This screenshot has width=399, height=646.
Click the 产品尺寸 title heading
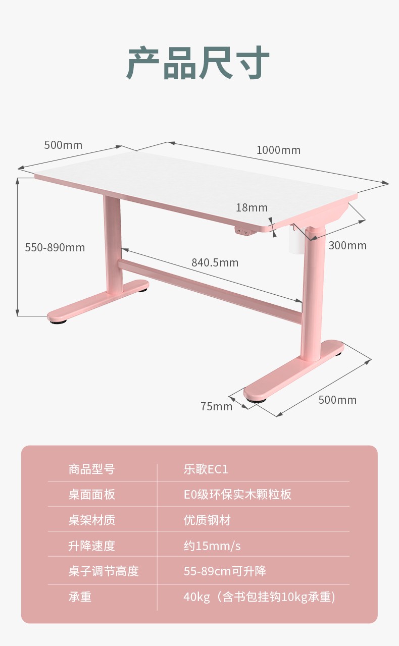[x=198, y=63]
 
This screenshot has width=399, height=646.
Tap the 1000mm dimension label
[x=278, y=150]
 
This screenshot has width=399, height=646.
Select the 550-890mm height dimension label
[x=55, y=247]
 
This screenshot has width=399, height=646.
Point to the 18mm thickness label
[x=252, y=207]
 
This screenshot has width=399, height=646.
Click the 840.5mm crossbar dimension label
[x=215, y=263]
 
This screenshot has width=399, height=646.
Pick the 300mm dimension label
[x=347, y=245]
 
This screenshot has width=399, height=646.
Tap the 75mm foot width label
[x=217, y=406]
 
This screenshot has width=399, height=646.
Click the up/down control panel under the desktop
[x=242, y=231]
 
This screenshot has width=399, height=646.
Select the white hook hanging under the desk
[x=297, y=239]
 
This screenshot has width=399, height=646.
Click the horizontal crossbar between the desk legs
[x=210, y=291]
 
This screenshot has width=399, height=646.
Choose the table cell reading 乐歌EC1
[x=206, y=469]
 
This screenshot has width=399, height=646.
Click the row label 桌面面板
[x=92, y=494]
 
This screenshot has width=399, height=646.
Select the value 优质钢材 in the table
[x=207, y=520]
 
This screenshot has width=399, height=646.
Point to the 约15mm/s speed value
[x=212, y=546]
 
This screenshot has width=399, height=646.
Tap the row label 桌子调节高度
[x=104, y=571]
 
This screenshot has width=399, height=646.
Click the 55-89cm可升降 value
[x=225, y=571]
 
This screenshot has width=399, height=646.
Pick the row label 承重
[x=80, y=597]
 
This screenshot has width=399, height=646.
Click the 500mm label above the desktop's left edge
[x=63, y=145]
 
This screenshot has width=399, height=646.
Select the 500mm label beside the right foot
[x=337, y=400]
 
